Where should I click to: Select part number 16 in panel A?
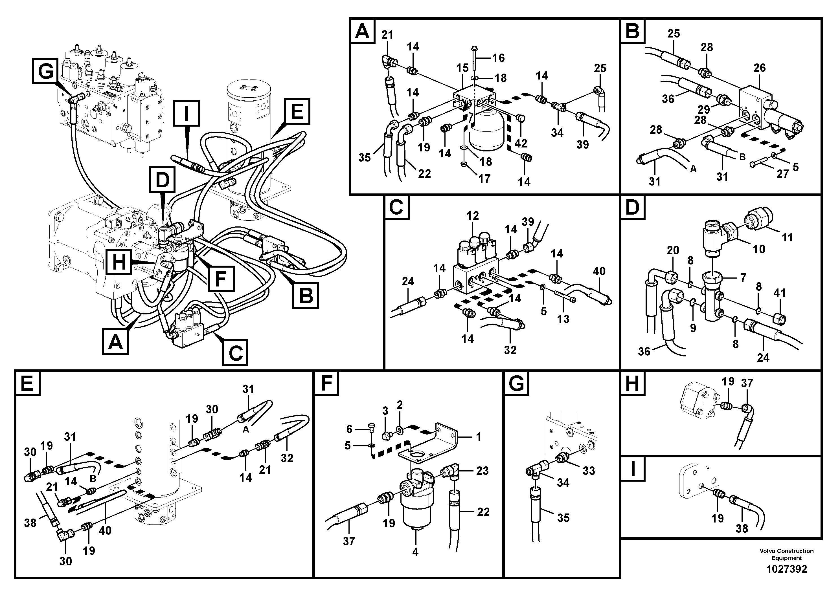click(x=498, y=58)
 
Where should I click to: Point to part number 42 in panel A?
click(x=521, y=143)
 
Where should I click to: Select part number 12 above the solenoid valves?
click(x=472, y=216)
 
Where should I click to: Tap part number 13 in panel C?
click(x=563, y=319)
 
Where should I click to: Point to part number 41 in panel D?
click(x=780, y=293)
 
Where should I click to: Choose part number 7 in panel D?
click(x=743, y=277)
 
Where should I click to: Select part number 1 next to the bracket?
click(x=479, y=437)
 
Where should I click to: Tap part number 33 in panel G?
click(x=589, y=471)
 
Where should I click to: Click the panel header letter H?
click(x=633, y=384)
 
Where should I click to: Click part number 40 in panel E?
click(x=105, y=530)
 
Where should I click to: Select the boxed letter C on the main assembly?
click(x=235, y=352)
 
